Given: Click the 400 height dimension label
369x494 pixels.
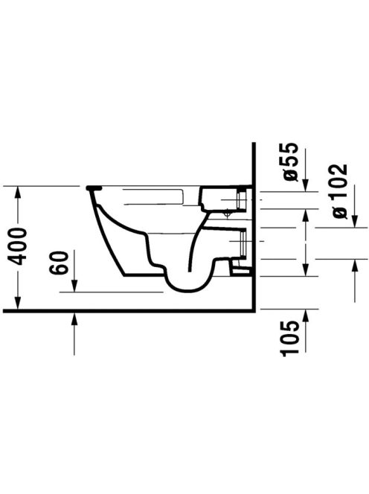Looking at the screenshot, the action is [x=18, y=247].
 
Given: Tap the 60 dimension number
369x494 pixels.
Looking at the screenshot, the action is [x=60, y=263].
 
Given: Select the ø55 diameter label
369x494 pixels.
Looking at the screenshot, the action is [x=290, y=162].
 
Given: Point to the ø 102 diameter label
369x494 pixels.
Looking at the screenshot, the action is [x=340, y=191].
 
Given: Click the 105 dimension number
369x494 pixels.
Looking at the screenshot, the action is [x=290, y=339].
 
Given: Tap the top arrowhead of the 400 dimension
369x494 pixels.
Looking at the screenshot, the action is [x=18, y=192].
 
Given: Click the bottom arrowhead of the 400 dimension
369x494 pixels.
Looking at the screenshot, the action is [x=18, y=304].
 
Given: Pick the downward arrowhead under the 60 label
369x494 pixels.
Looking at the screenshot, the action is [x=74, y=286].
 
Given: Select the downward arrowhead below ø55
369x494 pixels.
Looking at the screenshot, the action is [x=305, y=185].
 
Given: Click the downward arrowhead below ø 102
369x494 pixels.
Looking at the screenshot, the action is [x=355, y=221].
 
